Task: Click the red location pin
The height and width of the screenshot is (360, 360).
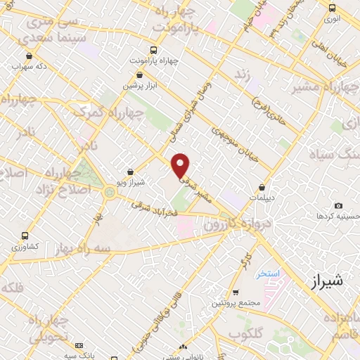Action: pyautogui.click(x=181, y=165)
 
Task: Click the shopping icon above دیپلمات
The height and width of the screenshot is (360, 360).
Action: pyautogui.click(x=262, y=188)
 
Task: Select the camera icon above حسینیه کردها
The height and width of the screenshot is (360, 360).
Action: pyautogui.click(x=339, y=205)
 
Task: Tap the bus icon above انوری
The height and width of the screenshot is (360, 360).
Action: pyautogui.click(x=332, y=8)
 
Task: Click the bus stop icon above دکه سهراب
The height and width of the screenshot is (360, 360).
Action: pyautogui.click(x=28, y=56)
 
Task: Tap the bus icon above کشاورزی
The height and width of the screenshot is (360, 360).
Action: pyautogui.click(x=25, y=236)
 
